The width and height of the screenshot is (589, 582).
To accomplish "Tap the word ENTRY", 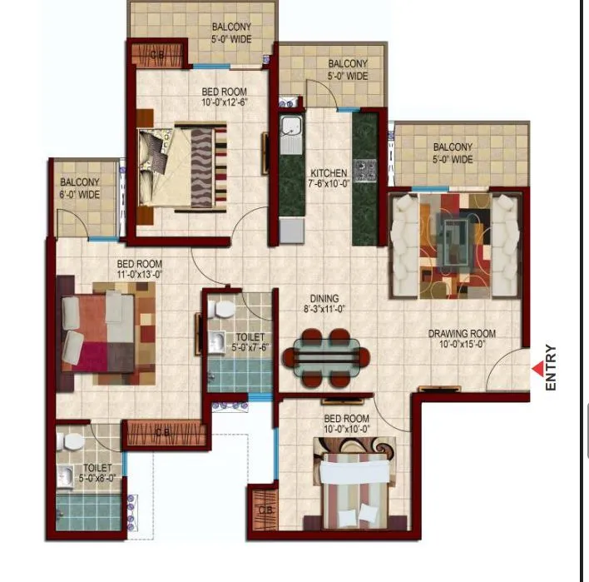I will coord(551,368).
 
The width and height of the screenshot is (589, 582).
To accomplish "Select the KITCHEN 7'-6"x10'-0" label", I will coord(328,178).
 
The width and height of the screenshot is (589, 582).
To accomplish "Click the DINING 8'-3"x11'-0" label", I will coord(324,303).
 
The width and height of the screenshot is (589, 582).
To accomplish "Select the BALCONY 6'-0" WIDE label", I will coord(80,188).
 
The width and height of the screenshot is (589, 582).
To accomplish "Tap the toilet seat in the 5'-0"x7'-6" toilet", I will coord(222,309).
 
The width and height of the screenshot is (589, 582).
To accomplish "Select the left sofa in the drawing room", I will coord(405,246).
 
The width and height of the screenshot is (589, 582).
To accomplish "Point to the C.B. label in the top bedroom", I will coord(157,55).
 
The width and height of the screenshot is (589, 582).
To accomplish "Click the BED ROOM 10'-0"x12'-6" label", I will coord(225,97).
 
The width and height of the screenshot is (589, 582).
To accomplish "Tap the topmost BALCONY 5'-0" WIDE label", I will coord(231,32).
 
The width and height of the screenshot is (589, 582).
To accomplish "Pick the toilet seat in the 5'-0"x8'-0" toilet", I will coord(72,440).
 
